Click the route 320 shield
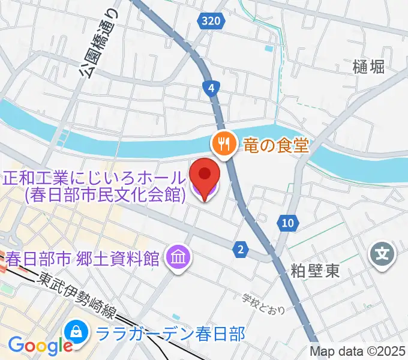pyautogui.click(x=211, y=22)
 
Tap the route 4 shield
pyautogui.click(x=211, y=89)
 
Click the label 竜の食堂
pyautogui.click(x=275, y=145)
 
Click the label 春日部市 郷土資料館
pyautogui.click(x=83, y=259)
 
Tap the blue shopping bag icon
pyautogui.click(x=77, y=332)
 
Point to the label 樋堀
pyautogui.click(x=368, y=67)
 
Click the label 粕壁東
pyautogui.click(x=316, y=271)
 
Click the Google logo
pyautogui.click(x=40, y=346)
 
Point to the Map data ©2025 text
pyautogui.click(x=358, y=352)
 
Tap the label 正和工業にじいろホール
pyautogui.click(x=95, y=178)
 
